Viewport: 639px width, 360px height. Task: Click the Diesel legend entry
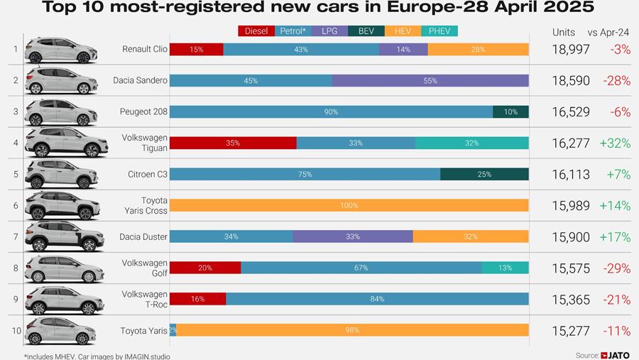tap(257, 31)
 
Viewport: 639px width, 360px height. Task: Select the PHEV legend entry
tap(439, 31)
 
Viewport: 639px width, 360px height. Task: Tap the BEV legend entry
tap(366, 31)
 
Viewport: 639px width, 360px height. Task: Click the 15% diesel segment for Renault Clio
tap(197, 49)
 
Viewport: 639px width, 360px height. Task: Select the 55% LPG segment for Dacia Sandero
tap(430, 80)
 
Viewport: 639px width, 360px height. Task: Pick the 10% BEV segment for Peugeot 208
tap(510, 111)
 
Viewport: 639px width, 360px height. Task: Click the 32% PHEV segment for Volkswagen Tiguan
tap(471, 143)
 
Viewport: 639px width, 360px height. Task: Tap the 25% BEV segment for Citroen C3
tap(484, 174)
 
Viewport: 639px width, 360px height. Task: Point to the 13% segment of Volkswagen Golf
tap(505, 268)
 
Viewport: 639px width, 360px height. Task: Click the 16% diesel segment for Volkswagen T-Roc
tap(197, 299)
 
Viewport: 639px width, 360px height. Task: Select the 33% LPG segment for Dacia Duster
tap(352, 236)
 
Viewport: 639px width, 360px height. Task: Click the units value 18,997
tap(571, 49)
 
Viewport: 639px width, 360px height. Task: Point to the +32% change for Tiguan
tap(615, 143)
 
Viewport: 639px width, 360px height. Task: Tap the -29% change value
tap(616, 268)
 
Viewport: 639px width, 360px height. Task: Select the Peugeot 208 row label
tap(141, 111)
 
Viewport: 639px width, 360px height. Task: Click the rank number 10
tap(15, 330)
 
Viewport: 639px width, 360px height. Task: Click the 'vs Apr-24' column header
tap(608, 32)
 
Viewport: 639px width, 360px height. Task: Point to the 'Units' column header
tap(564, 32)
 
